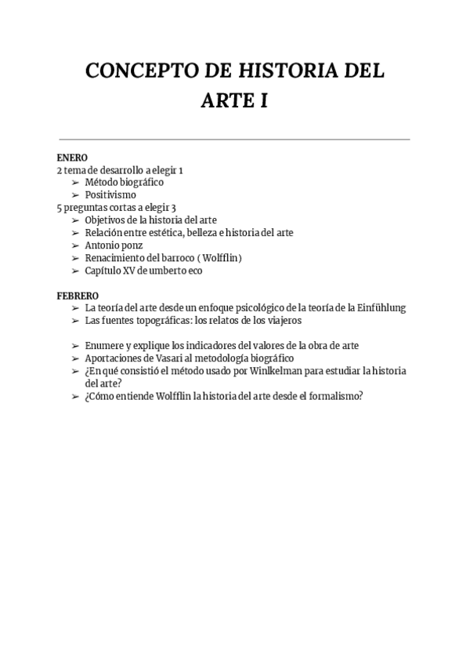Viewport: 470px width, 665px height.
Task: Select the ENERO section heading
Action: [x=72, y=157]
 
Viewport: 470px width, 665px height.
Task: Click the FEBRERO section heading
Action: [x=78, y=296]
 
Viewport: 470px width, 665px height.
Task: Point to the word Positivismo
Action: [x=110, y=194]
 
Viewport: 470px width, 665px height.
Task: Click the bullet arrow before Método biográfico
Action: [x=75, y=182]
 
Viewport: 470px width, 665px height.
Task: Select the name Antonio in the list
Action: [x=102, y=245]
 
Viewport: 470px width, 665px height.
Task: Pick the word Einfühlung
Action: [x=381, y=308]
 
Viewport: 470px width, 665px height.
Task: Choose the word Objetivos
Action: [x=106, y=220]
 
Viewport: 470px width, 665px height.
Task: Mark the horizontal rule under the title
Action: [x=234, y=140]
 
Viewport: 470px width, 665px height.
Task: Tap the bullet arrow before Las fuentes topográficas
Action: [x=75, y=321]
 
